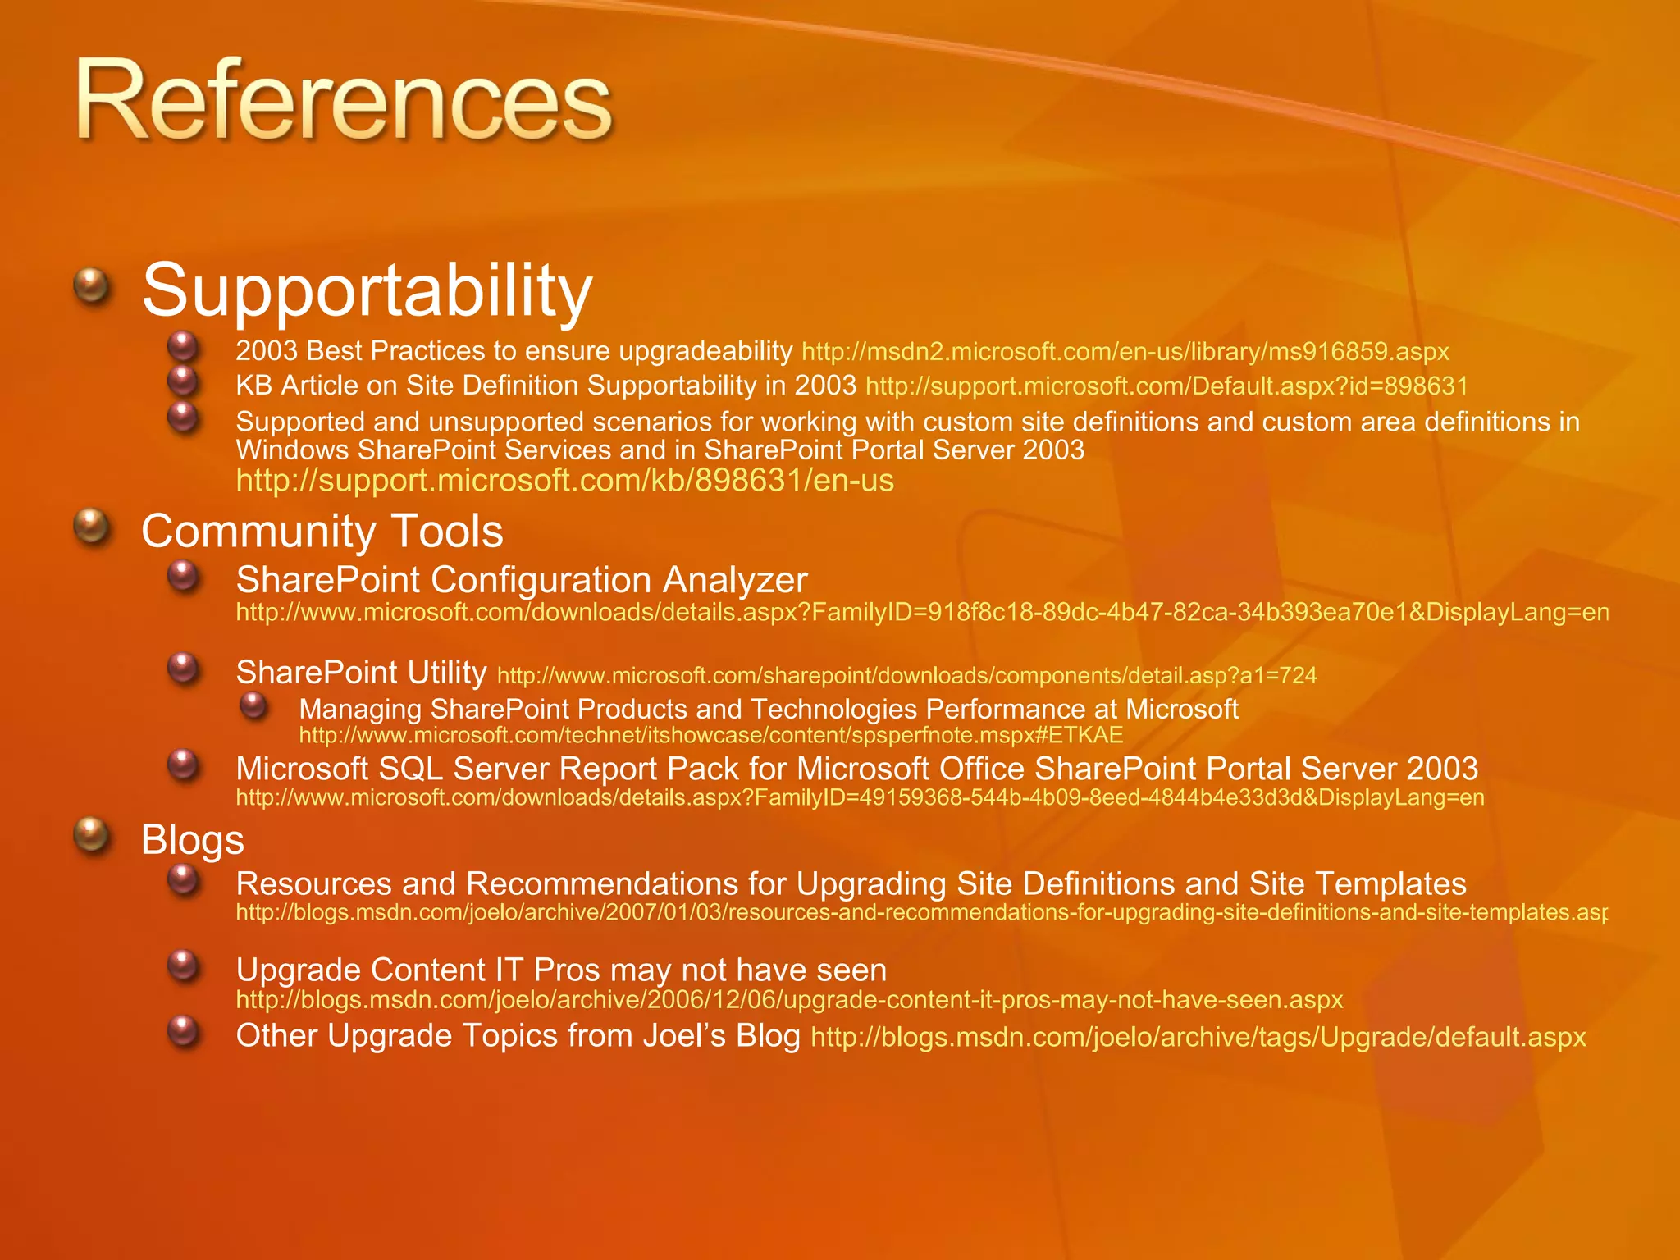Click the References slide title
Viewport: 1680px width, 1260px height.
345,103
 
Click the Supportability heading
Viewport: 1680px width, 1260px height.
367,290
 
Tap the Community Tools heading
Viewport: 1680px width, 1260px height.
322,531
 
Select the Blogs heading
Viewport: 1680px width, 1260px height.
193,839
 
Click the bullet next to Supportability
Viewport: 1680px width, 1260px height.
92,287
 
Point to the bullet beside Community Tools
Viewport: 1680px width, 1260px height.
92,527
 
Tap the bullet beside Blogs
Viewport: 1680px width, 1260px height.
92,836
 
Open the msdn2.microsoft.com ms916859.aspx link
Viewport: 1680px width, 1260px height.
1125,352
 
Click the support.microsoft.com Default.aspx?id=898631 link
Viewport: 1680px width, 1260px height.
1166,386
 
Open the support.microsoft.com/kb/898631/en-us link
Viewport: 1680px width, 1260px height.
564,480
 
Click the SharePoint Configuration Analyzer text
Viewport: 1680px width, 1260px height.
522,580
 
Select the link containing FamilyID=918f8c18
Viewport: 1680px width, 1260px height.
922,612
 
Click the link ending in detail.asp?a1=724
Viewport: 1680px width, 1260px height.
906,675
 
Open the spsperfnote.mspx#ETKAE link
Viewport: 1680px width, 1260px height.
710,734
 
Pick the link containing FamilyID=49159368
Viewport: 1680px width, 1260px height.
860,797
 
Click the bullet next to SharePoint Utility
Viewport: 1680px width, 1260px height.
184,669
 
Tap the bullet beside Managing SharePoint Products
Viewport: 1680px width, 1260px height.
254,705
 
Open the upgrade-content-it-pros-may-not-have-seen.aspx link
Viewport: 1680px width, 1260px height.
789,999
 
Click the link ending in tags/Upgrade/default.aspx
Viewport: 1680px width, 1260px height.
1198,1037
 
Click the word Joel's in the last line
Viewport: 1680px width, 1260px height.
684,1035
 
